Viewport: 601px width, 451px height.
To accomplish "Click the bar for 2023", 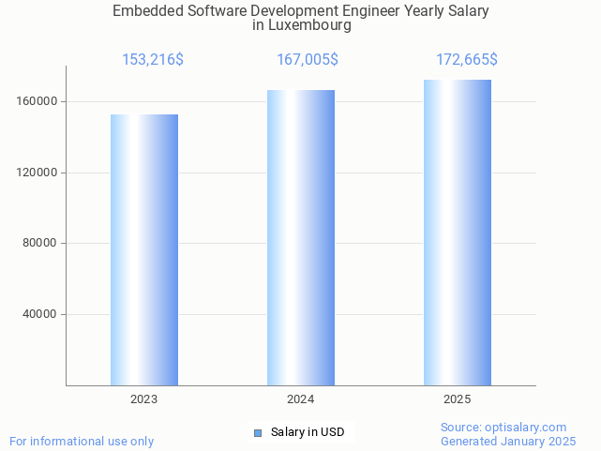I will (x=144, y=249).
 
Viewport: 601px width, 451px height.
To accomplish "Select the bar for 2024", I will (x=301, y=237).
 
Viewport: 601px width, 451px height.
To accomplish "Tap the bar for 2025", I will (x=458, y=233).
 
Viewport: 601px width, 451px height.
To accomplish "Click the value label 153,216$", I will (x=153, y=60).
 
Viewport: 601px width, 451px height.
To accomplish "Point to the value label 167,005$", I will (x=308, y=60).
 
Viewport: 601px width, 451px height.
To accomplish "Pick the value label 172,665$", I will (x=467, y=60).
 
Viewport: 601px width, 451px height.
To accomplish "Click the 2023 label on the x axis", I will (x=144, y=399).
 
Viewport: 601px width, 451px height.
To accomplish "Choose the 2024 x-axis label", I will (x=301, y=399).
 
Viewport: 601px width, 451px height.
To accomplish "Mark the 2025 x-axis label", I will (x=458, y=399).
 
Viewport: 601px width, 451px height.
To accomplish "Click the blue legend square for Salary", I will (x=258, y=432).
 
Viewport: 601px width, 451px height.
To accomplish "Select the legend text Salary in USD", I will (x=308, y=432).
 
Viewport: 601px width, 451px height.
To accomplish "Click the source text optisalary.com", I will (x=526, y=428).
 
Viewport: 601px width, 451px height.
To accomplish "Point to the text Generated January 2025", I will (x=508, y=441).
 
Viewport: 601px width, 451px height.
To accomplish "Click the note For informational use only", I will (x=82, y=441).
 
